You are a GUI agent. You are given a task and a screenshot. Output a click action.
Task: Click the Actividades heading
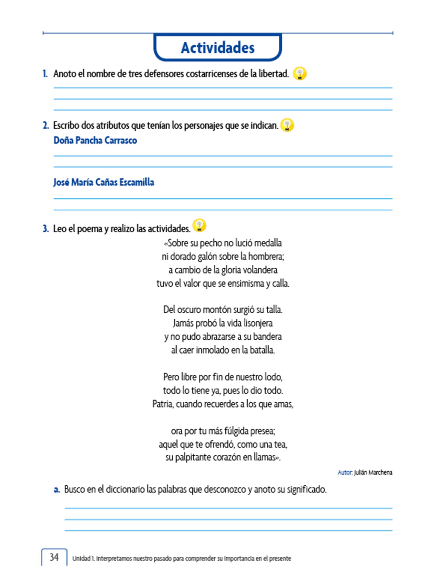(x=218, y=48)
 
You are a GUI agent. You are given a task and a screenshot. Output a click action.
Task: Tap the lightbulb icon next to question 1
(x=300, y=74)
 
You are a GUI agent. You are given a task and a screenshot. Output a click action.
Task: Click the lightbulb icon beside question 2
(x=287, y=125)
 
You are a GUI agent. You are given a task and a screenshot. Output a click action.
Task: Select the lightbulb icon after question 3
(x=199, y=225)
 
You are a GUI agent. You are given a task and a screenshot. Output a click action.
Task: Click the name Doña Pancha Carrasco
(x=95, y=140)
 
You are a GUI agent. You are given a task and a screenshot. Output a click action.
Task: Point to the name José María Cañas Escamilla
(x=104, y=182)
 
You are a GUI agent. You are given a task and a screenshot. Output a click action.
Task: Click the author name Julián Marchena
(x=373, y=473)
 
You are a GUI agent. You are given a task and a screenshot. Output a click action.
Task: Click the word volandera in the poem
(x=262, y=270)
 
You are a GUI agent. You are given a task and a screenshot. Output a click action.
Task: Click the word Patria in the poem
(x=163, y=404)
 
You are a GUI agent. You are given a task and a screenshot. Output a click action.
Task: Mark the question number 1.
(x=45, y=74)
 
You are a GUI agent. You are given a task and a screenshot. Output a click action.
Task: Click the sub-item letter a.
(x=57, y=489)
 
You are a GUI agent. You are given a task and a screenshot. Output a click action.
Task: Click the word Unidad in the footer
(x=81, y=558)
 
